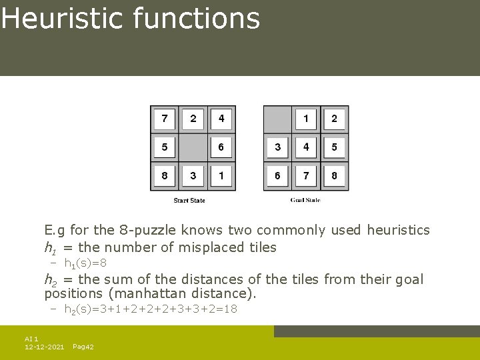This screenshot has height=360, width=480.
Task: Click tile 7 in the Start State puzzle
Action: (165, 119)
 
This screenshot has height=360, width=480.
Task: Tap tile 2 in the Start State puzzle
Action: (193, 119)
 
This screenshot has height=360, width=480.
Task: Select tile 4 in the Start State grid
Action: (221, 119)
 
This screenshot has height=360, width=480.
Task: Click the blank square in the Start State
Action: (193, 147)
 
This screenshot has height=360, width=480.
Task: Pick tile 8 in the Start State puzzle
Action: (165, 176)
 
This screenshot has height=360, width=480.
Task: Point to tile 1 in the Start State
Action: (221, 176)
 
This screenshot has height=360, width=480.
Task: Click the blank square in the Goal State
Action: (277, 119)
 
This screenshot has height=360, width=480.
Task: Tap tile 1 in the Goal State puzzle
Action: (306, 119)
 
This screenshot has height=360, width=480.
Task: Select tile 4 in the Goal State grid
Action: (306, 147)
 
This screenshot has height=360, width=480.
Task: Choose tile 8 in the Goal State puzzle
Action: (334, 176)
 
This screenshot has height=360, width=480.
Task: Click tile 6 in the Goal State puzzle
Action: (277, 176)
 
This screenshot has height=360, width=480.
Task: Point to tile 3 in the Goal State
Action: (277, 147)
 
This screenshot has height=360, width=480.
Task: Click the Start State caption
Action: (189, 201)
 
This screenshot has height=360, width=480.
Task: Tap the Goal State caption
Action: (305, 201)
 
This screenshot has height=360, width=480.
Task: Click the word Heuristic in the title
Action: (63, 18)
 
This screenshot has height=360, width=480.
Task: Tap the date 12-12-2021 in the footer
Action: (44, 347)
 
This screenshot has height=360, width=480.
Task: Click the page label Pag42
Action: (83, 347)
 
